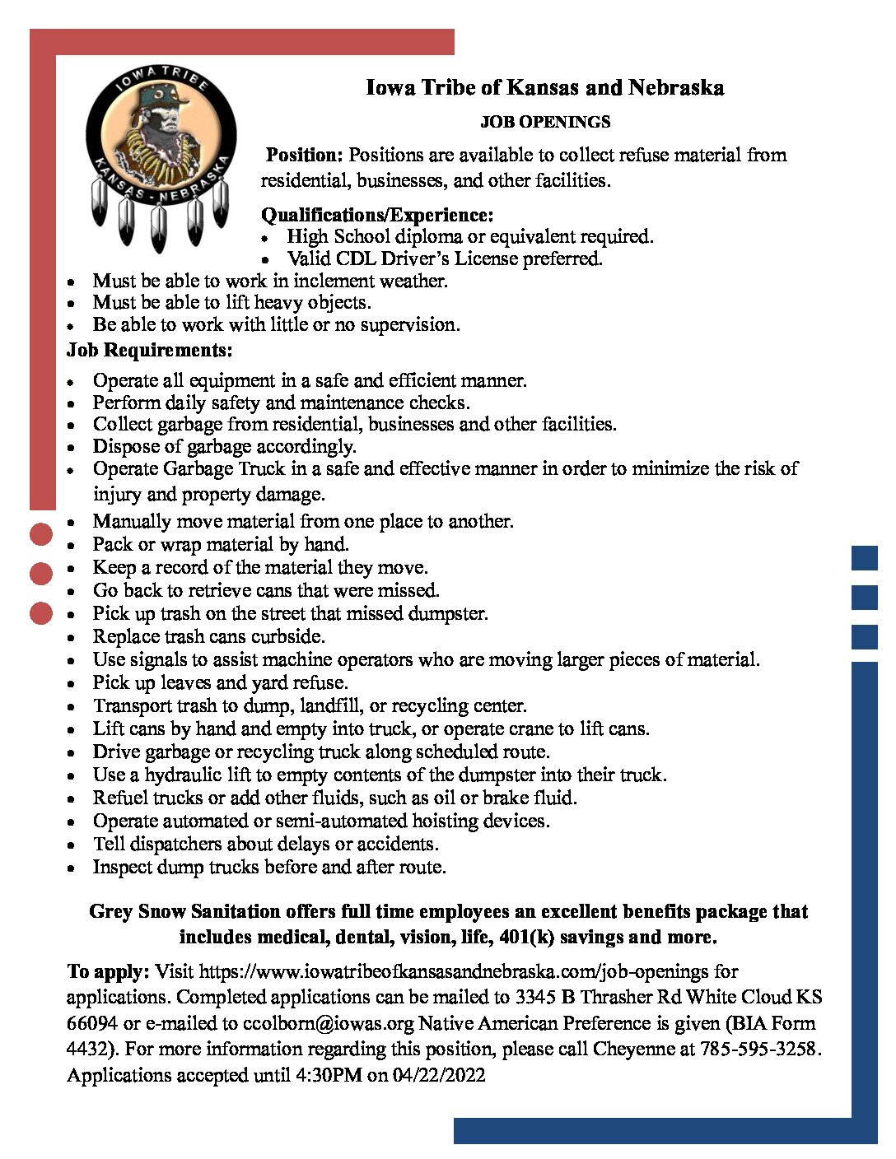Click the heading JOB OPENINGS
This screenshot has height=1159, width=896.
click(545, 122)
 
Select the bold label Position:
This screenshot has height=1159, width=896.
click(303, 155)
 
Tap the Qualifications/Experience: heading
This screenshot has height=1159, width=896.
click(377, 215)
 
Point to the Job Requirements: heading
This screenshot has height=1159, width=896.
click(150, 350)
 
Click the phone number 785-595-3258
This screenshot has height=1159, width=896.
click(760, 1049)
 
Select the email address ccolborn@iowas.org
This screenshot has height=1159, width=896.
click(329, 1023)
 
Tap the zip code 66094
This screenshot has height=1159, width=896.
click(92, 1023)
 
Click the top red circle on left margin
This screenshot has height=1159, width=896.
click(41, 534)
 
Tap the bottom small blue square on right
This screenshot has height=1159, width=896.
click(864, 636)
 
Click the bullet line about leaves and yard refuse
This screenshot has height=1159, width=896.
click(220, 682)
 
